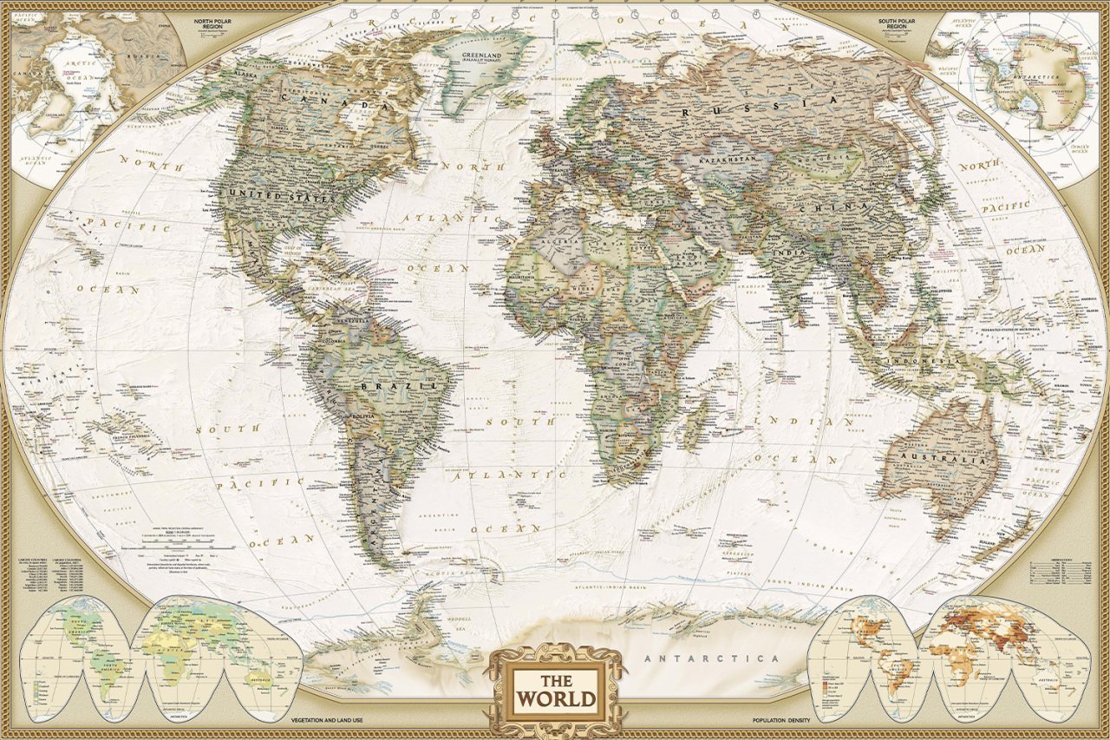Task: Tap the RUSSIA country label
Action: (760, 108)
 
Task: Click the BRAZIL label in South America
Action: (402, 384)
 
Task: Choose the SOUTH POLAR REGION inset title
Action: (903, 23)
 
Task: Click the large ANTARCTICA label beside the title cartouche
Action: (712, 659)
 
